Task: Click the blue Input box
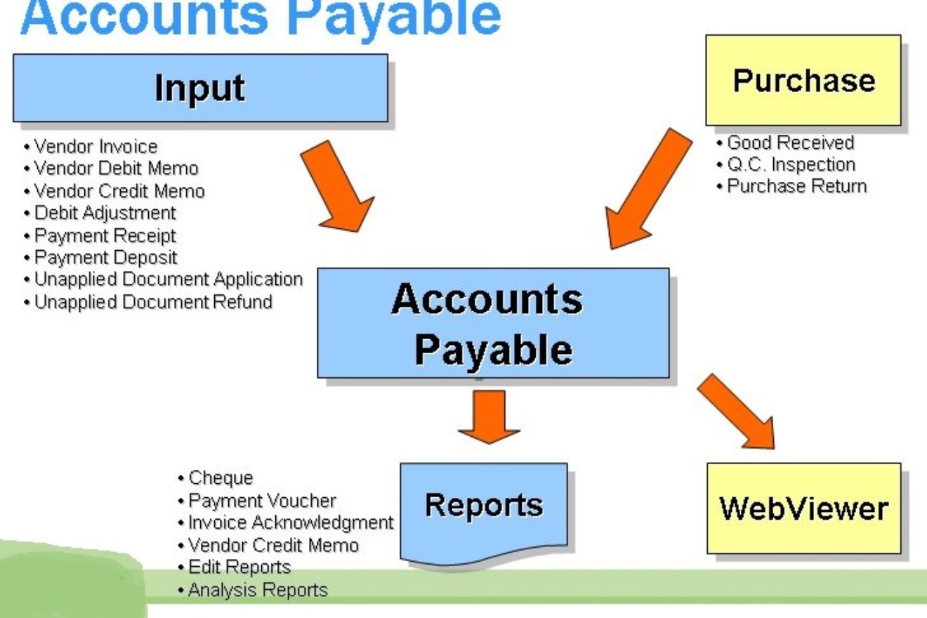201,88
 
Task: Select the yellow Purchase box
803,80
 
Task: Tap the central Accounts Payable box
493,323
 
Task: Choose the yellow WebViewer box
804,508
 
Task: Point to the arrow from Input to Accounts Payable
337,186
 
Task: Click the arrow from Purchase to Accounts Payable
648,189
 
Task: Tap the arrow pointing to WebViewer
736,412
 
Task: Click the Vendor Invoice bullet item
91,147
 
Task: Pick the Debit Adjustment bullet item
100,213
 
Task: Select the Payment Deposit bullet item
100,258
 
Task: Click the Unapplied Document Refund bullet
148,302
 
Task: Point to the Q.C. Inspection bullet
786,165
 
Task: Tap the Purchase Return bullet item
791,186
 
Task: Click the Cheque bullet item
215,478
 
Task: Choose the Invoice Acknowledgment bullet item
286,522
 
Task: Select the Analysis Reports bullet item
252,590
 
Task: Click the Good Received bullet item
785,143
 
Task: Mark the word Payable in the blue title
394,19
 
